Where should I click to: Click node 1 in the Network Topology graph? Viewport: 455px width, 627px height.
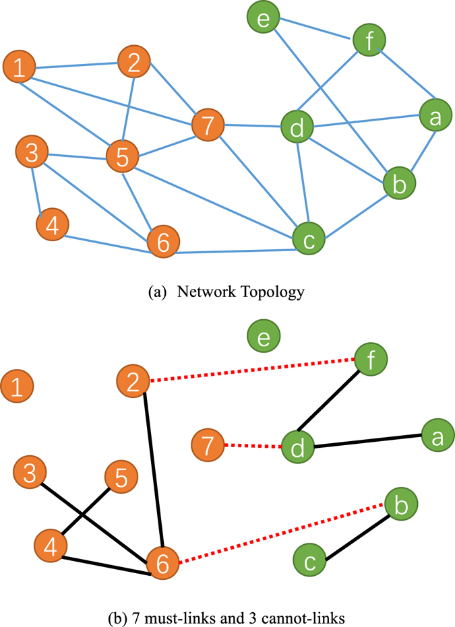click(20, 67)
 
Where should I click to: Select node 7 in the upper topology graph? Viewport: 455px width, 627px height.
click(208, 126)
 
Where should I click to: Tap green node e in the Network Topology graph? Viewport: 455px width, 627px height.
click(264, 18)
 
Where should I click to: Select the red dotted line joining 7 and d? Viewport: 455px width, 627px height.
click(253, 445)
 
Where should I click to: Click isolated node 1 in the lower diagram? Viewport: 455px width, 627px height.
click(19, 387)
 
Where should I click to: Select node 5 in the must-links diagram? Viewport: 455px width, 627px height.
click(121, 478)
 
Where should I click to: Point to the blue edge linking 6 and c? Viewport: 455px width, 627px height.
click(236, 252)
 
